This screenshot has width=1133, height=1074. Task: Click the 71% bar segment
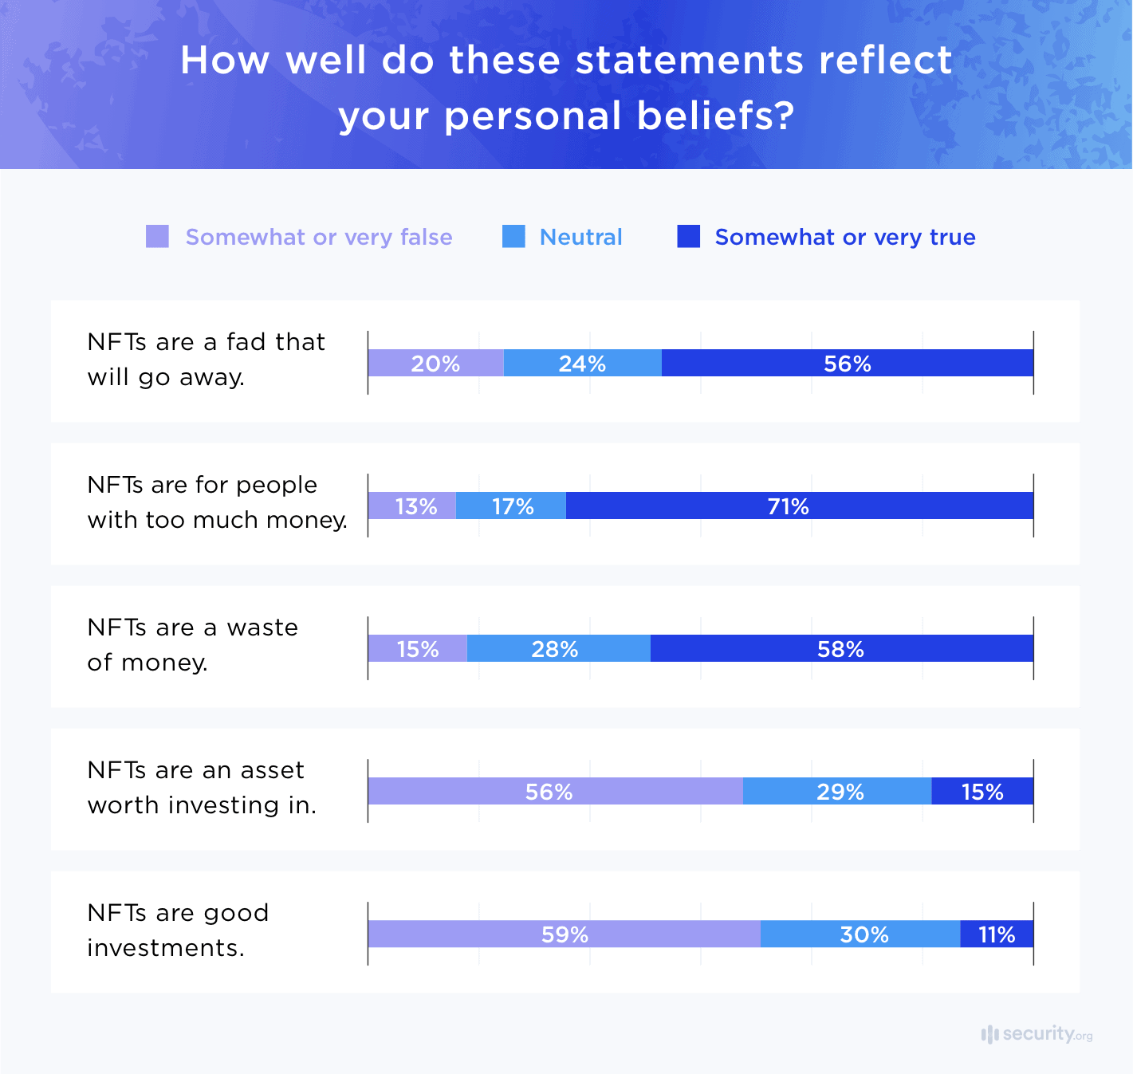pos(799,506)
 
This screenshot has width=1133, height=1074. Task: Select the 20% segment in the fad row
pos(435,363)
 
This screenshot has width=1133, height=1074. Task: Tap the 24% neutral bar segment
pos(582,363)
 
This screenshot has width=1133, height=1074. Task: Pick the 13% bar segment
pos(411,506)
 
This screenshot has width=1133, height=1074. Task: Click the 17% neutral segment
pos(510,506)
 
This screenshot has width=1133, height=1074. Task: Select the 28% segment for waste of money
pos(558,648)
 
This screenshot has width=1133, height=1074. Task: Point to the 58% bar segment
pos(841,648)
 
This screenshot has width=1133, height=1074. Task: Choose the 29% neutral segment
pos(837,791)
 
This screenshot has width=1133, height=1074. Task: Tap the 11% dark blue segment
pos(997,934)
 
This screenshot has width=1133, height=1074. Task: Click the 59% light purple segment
pos(564,934)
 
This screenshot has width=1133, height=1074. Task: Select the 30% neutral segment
pos(860,934)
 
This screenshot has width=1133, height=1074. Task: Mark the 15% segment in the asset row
pos(982,791)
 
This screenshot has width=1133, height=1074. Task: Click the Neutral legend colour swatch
pos(513,237)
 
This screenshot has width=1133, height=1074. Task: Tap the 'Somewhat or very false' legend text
pos(318,237)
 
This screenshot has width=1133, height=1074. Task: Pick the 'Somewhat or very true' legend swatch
pos(688,237)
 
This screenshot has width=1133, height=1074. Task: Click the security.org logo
pos(1037,1034)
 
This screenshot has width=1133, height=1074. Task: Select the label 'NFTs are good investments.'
pos(178,930)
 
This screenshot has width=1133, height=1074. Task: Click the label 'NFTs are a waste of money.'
pos(192,644)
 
